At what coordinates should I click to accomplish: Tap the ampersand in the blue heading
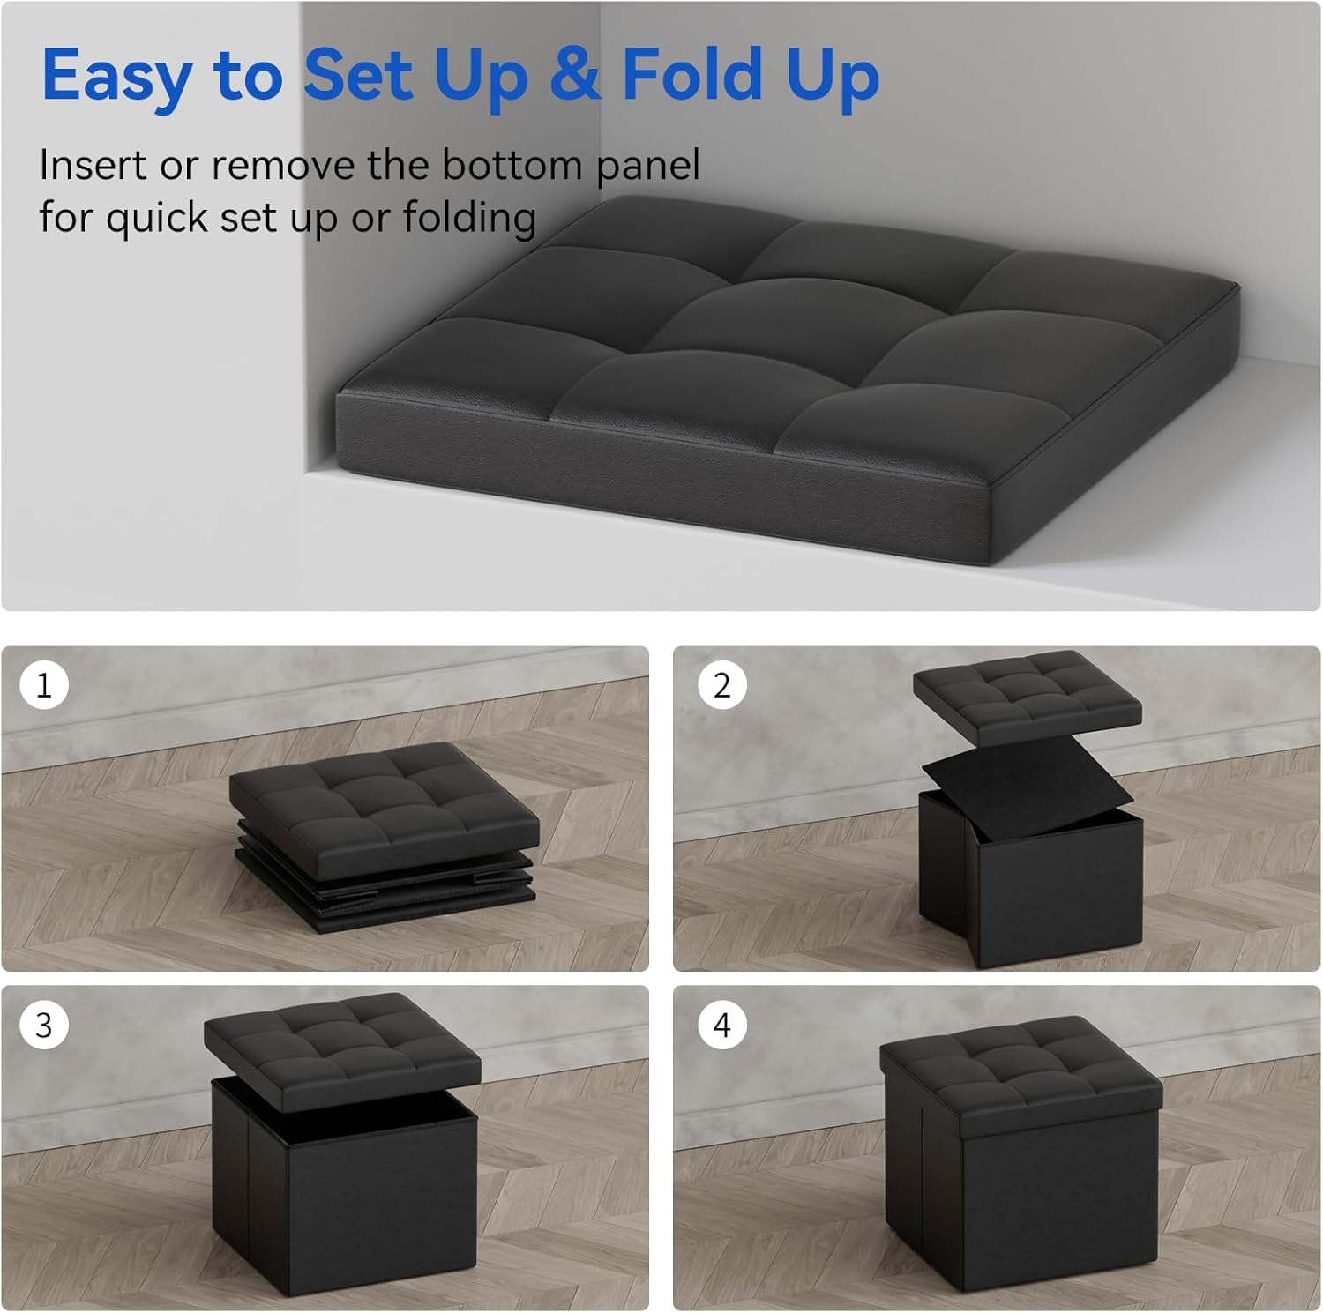coord(575,73)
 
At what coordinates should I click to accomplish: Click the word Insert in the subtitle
coord(93,165)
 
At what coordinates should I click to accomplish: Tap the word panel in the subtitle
coord(647,167)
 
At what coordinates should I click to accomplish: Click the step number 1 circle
coord(43,685)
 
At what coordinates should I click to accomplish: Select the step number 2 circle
coord(721,685)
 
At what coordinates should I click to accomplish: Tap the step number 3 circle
coord(43,1025)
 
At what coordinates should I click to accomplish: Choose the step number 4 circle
coord(721,1025)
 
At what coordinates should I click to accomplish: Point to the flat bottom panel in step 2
coord(1028,786)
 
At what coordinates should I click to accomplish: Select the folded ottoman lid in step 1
coord(385,809)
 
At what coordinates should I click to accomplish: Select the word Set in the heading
coord(358,73)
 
